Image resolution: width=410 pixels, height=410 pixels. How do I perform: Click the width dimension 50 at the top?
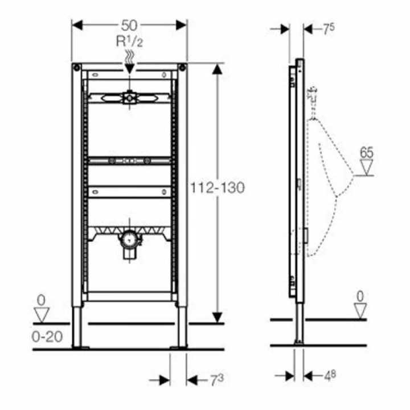click(x=129, y=26)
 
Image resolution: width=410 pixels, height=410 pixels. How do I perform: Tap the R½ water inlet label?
click(x=129, y=42)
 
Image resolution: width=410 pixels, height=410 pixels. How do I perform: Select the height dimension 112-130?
click(x=218, y=188)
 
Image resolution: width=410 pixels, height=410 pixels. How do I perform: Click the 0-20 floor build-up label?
click(x=47, y=337)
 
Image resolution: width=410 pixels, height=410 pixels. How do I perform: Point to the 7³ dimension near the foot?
click(x=217, y=380)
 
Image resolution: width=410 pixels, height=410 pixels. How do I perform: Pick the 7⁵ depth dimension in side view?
click(x=329, y=29)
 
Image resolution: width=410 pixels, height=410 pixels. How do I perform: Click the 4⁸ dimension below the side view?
click(x=330, y=376)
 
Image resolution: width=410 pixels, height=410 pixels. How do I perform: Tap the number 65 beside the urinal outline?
click(x=367, y=153)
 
